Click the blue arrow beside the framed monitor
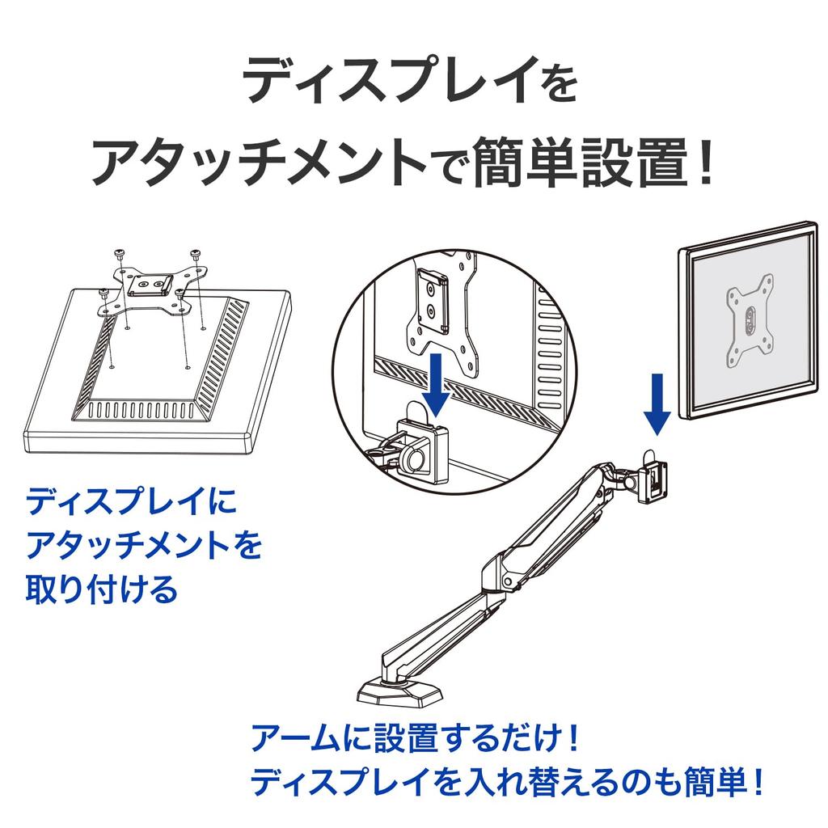point(657,402)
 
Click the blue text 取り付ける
point(102,589)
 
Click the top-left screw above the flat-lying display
point(120,253)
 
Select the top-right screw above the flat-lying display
point(196,253)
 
